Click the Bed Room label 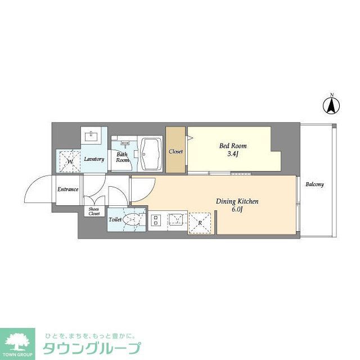(x=233, y=146)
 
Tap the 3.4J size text (x=233, y=154)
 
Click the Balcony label (x=314, y=184)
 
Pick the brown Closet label (x=175, y=151)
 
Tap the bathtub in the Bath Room (x=151, y=154)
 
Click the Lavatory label (x=94, y=159)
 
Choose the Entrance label (x=67, y=189)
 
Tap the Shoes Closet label (x=93, y=211)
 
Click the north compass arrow (x=331, y=104)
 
